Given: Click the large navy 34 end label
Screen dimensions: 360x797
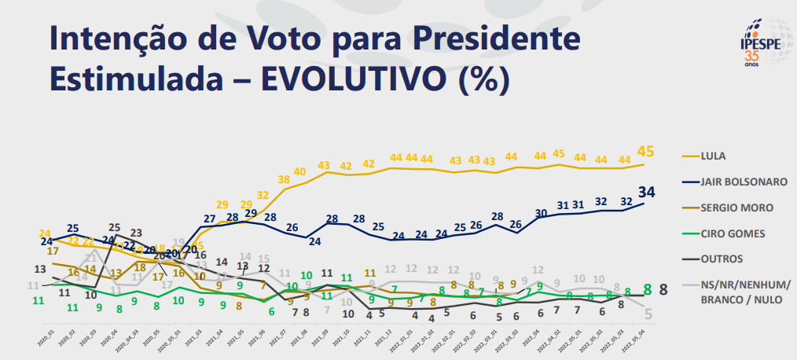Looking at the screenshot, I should [x=647, y=192].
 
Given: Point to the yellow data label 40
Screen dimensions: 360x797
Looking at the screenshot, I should [x=299, y=171].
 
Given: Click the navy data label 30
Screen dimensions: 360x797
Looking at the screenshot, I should [x=542, y=213].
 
